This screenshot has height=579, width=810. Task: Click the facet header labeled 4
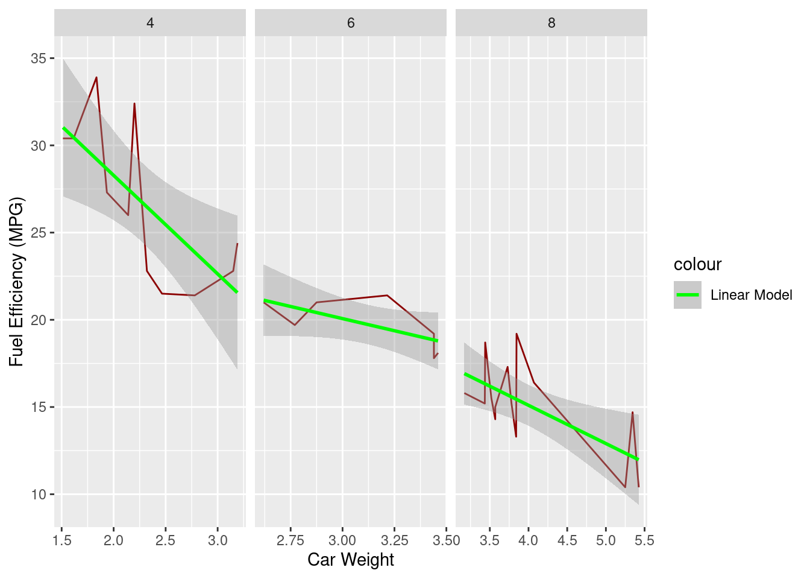[x=150, y=23]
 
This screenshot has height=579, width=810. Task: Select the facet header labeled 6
[x=351, y=23]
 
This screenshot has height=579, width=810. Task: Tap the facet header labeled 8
[x=551, y=23]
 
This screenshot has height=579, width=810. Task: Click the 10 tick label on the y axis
[x=39, y=495]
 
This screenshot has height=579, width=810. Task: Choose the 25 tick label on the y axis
[x=39, y=233]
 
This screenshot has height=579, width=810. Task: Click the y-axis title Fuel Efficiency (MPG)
[x=16, y=281]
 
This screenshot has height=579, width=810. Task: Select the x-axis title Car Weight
[x=351, y=560]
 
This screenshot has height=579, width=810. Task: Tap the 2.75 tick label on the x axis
[x=290, y=540]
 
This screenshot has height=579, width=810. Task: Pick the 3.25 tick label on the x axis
[x=395, y=540]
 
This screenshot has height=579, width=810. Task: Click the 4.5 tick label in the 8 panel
[x=567, y=540]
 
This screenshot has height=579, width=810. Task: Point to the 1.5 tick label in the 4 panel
[x=62, y=540]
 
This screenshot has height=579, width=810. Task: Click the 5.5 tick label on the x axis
[x=644, y=540]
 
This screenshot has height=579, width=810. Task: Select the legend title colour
[x=697, y=264]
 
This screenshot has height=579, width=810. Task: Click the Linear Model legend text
[x=751, y=295]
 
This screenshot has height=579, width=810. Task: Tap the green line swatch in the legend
[x=687, y=295]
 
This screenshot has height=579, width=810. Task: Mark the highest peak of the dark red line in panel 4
[x=96, y=77]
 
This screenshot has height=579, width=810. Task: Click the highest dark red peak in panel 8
[x=516, y=334]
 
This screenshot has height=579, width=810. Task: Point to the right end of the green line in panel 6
[x=438, y=341]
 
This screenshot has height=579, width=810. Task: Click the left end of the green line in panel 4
[x=63, y=128]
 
